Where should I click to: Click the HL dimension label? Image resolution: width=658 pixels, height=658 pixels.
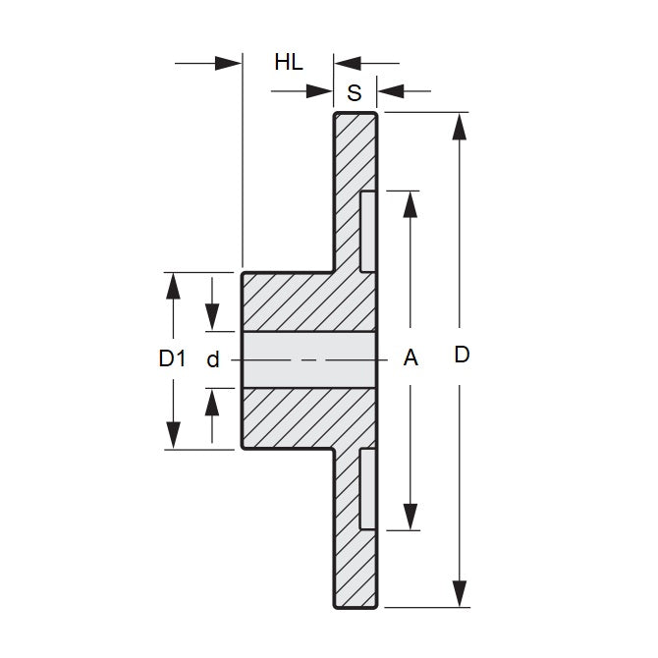(288, 63)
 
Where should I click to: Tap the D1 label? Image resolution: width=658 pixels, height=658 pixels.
(172, 359)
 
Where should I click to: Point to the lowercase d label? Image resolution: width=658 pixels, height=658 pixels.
(212, 359)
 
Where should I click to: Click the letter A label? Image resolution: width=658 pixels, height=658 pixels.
(411, 359)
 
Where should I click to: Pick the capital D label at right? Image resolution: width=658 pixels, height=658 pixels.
(462, 356)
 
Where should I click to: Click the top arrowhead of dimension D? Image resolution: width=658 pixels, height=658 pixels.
(459, 127)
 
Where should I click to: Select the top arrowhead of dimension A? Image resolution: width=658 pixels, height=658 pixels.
(411, 203)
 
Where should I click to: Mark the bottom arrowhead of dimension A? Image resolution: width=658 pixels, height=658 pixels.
(411, 517)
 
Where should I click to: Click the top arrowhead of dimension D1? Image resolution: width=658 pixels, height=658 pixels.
(174, 286)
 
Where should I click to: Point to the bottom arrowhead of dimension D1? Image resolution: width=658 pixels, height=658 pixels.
(174, 435)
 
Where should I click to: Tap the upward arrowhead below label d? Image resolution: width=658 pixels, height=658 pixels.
(212, 402)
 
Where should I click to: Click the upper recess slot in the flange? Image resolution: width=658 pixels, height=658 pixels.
(367, 232)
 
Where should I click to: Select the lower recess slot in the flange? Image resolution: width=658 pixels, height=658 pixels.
(367, 488)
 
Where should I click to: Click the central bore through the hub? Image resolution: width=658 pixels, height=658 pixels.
(308, 359)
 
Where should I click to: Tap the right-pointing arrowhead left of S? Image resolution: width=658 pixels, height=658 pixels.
(320, 92)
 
